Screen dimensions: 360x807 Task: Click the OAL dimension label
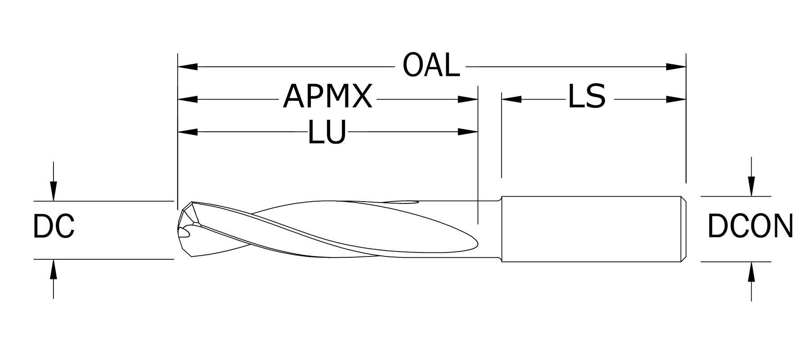[431, 66]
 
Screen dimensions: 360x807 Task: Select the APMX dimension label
[327, 97]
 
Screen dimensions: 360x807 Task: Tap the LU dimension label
[327, 132]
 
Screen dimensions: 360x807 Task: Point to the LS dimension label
[587, 97]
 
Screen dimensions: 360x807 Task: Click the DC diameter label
[54, 226]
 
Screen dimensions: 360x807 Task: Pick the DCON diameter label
[750, 226]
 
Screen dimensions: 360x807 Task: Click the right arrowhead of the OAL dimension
[676, 67]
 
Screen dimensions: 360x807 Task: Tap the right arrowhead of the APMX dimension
[468, 99]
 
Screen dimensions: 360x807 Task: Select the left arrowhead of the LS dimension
[511, 99]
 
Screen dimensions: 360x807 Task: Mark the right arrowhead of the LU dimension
[468, 132]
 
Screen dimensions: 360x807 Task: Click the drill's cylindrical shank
[589, 229]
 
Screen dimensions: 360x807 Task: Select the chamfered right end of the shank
[683, 229]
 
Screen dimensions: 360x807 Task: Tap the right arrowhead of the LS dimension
[676, 99]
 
